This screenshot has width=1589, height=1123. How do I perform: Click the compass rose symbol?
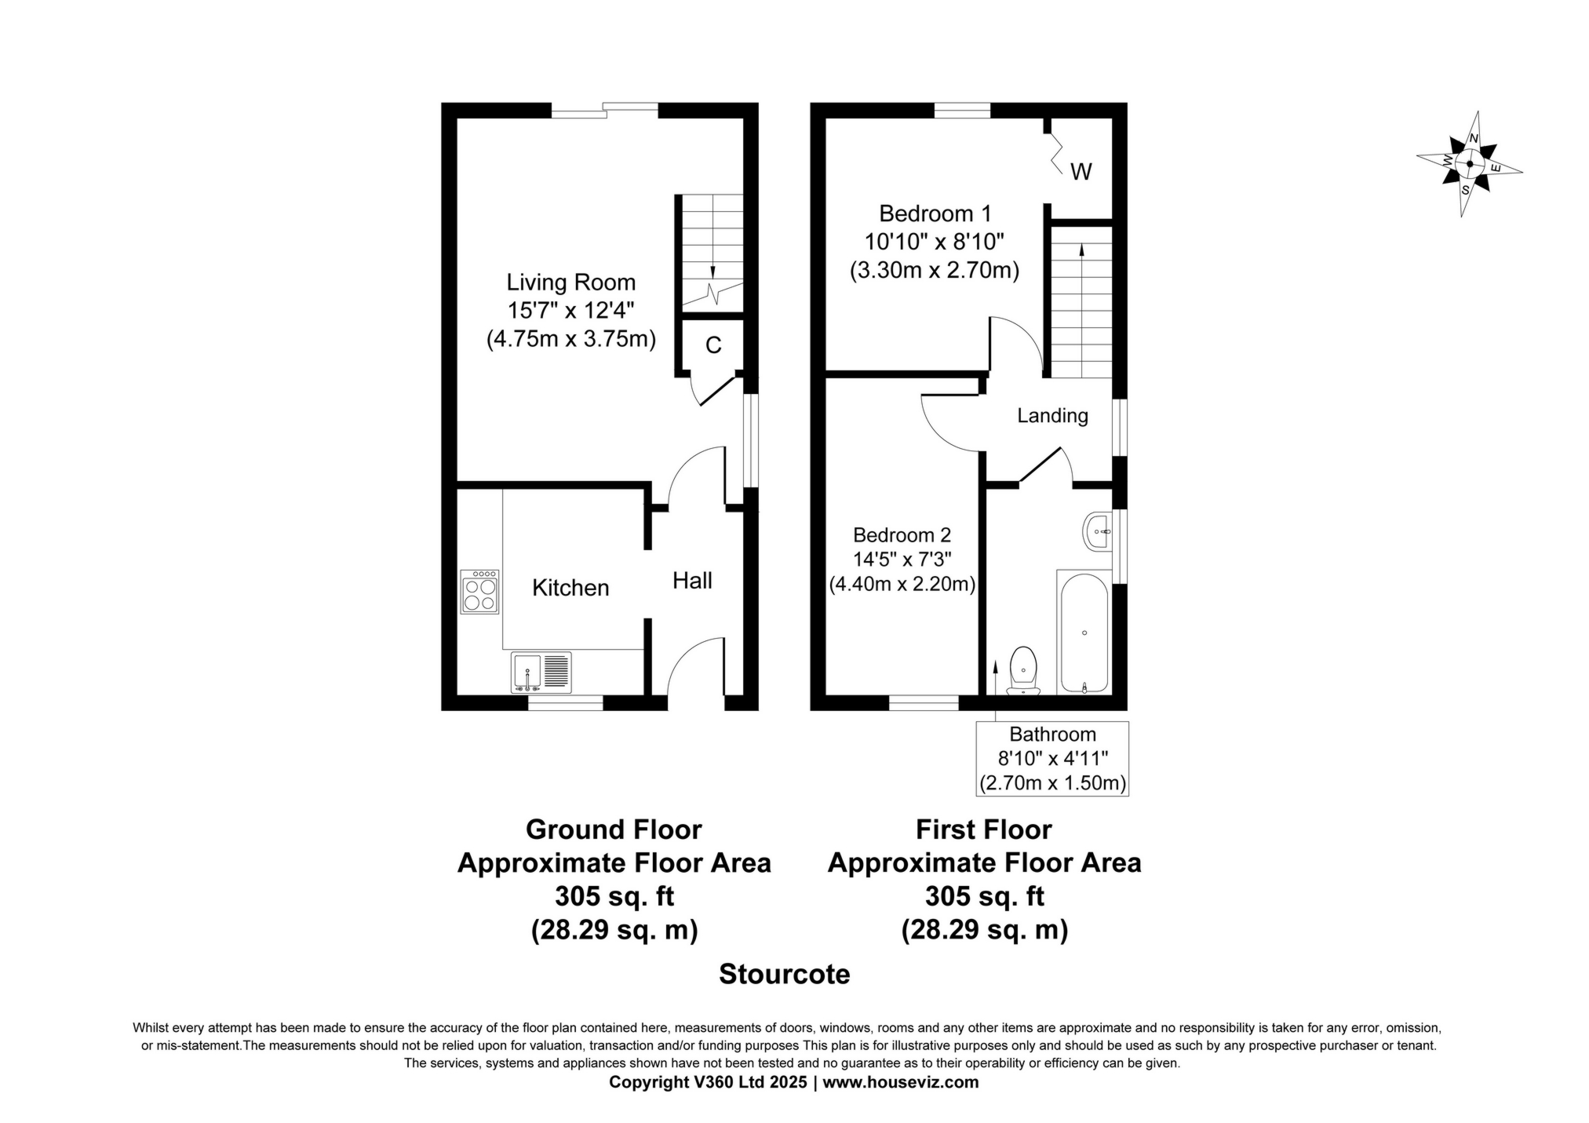click(x=1469, y=164)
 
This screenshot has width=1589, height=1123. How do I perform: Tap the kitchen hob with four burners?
click(x=479, y=591)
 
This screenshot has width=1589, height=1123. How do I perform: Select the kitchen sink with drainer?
click(x=541, y=672)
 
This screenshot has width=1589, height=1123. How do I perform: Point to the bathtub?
click(x=1084, y=633)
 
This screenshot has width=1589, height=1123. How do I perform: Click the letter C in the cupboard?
click(x=712, y=345)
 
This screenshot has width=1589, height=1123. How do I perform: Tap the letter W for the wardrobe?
click(x=1081, y=172)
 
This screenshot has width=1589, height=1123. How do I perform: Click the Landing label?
click(x=1052, y=415)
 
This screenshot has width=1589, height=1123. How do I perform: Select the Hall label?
click(x=692, y=581)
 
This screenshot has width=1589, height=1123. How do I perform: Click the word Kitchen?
click(x=570, y=588)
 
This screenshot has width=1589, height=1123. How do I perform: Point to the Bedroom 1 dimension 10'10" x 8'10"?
click(x=935, y=242)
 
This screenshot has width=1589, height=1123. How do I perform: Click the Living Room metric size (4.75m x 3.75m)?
click(x=570, y=339)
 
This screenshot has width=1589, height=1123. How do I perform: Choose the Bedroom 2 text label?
click(x=902, y=535)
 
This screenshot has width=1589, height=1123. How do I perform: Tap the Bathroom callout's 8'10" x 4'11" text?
click(x=1052, y=759)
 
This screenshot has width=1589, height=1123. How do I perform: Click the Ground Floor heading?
click(x=614, y=829)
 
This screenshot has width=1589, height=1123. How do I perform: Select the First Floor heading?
click(x=984, y=829)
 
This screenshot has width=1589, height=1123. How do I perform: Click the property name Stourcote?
click(x=784, y=974)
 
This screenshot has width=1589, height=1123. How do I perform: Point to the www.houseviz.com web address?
click(x=900, y=1082)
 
